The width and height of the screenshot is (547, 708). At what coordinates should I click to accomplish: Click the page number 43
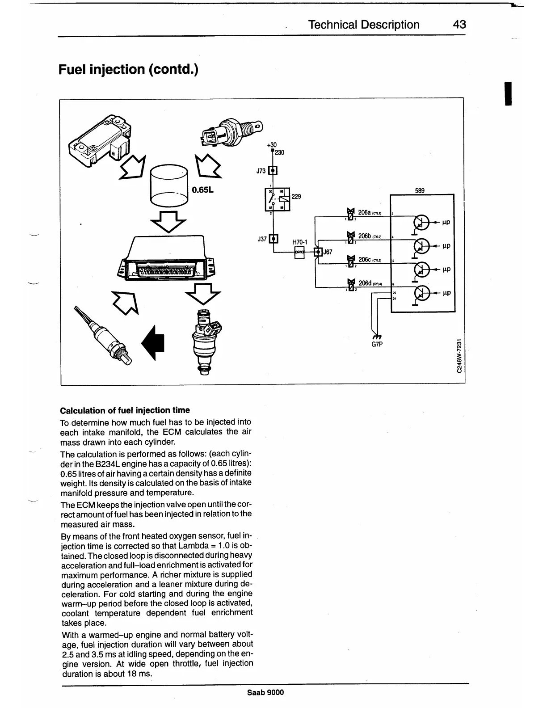[x=459, y=25]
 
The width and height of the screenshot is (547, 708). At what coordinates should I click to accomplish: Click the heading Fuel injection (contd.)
[x=129, y=70]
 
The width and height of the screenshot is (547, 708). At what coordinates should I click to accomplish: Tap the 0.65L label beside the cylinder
[x=202, y=190]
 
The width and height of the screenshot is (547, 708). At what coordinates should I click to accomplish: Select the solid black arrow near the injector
[x=153, y=342]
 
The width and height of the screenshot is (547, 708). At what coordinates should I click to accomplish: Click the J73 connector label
[x=261, y=171]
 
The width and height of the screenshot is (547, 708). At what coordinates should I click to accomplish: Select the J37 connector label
[x=262, y=239]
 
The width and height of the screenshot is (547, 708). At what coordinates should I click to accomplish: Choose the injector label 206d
[x=365, y=283]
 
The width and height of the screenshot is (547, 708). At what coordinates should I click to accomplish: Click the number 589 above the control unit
[x=420, y=190]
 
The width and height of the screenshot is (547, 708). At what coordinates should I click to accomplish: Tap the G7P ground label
[x=378, y=345]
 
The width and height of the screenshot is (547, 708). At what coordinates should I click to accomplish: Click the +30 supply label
[x=272, y=144]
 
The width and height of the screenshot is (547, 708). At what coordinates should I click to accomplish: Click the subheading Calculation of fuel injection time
[x=125, y=410]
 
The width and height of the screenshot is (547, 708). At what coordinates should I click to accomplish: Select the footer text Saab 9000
[x=265, y=692]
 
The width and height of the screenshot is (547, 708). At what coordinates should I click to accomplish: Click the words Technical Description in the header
[x=364, y=25]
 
